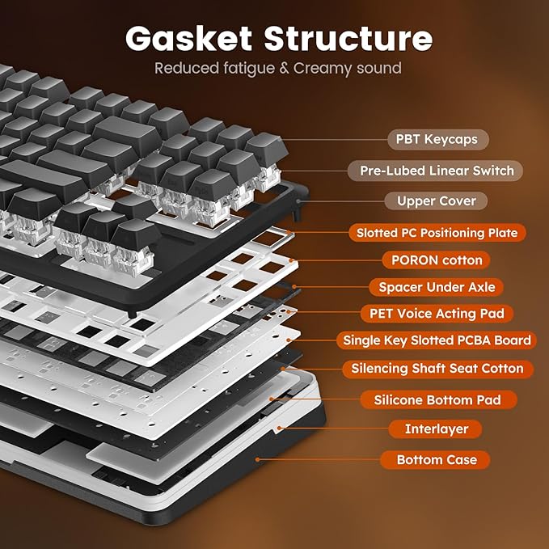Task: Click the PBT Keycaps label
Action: tap(437, 139)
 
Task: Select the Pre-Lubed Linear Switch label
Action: tap(437, 171)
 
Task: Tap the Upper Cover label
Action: tap(437, 201)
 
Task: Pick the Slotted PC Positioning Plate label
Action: tap(437, 233)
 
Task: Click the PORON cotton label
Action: tap(437, 260)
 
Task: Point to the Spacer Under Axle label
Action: tap(437, 286)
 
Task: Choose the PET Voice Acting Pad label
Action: tap(437, 314)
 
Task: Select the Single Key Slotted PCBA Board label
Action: tap(437, 340)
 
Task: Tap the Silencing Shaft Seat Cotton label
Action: tap(437, 369)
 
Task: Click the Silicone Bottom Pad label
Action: tap(437, 399)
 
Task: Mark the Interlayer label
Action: tap(437, 429)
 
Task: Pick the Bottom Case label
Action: tap(437, 460)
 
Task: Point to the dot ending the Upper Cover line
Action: tap(298, 200)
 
